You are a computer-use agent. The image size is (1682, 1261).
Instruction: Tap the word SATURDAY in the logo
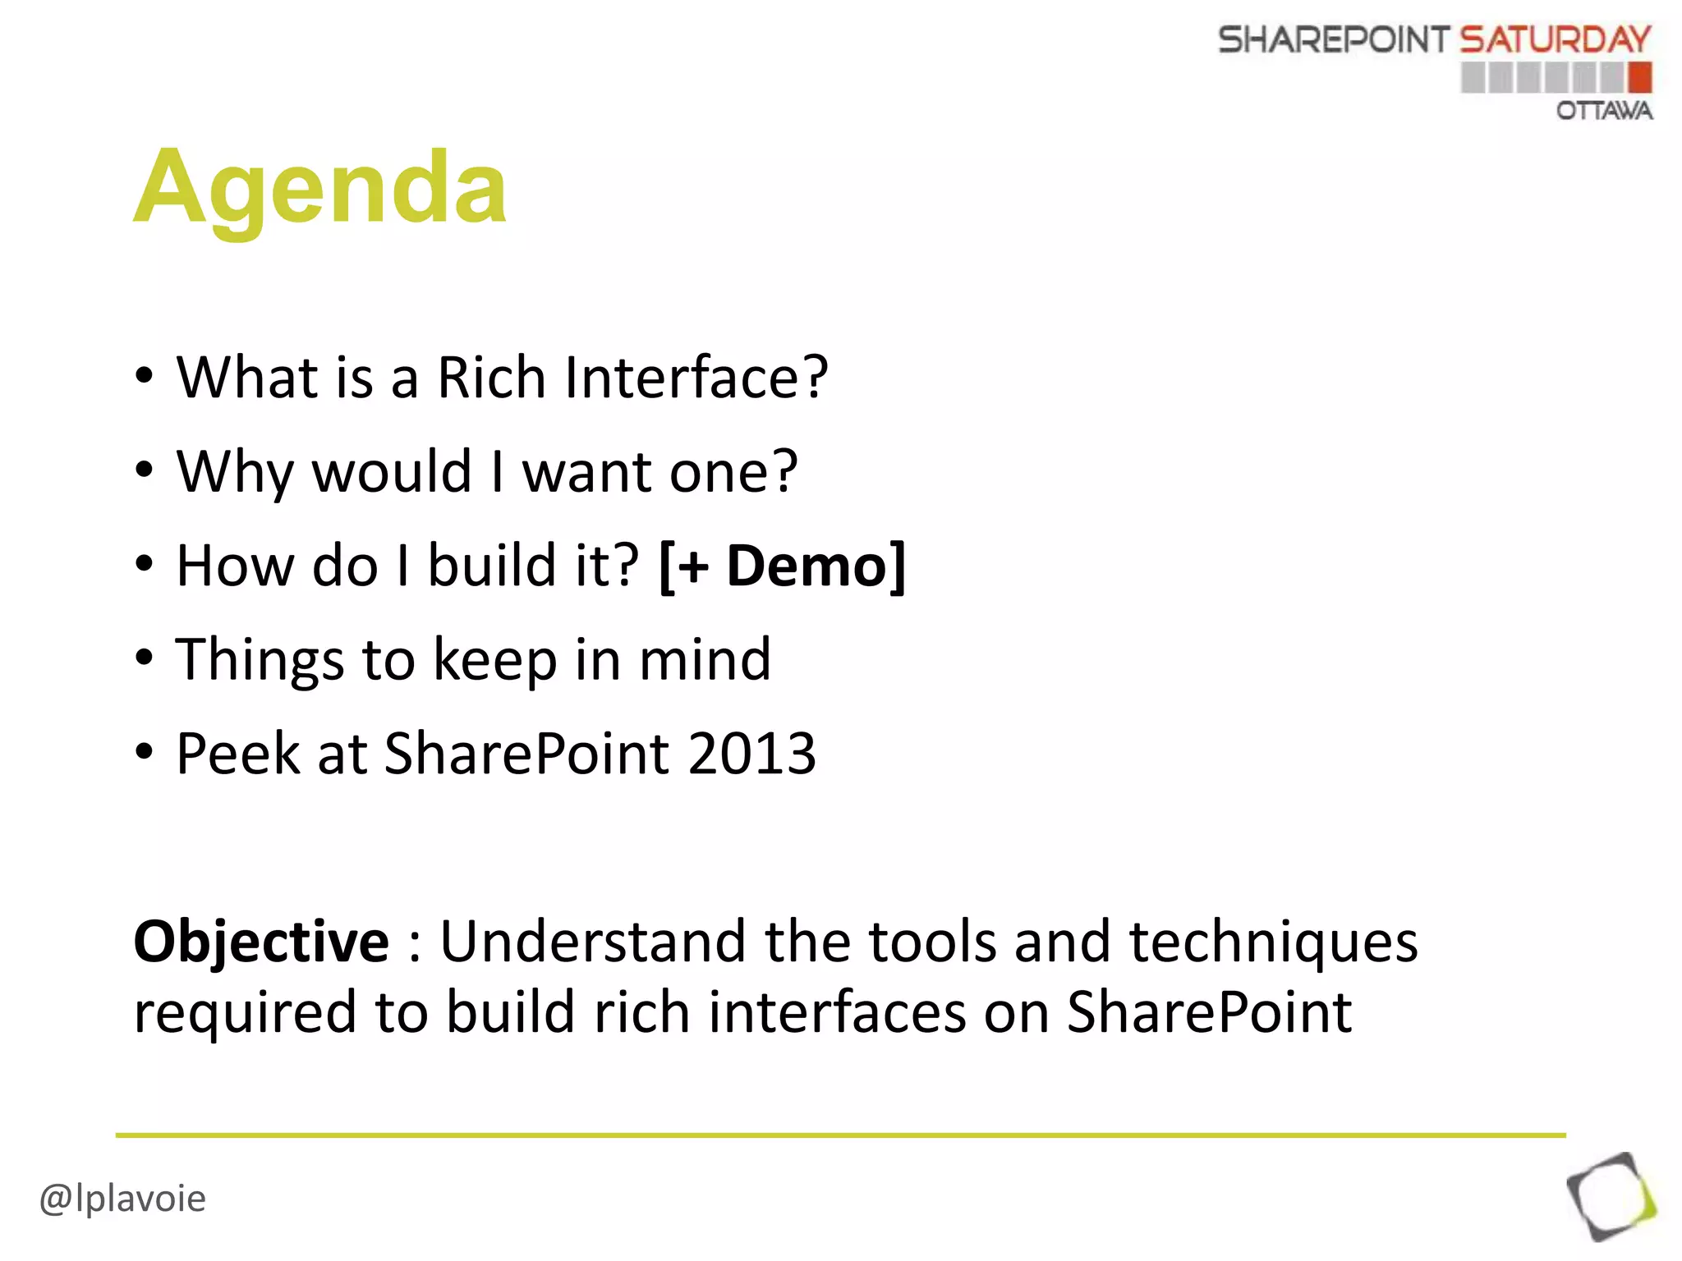[x=1555, y=39]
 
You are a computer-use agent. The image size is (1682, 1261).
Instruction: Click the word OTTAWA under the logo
[x=1603, y=111]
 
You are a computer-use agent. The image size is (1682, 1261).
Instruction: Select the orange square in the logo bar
[x=1639, y=78]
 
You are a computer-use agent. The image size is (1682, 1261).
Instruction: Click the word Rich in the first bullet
[x=490, y=378]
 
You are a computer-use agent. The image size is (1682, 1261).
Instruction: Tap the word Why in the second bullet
[x=234, y=472]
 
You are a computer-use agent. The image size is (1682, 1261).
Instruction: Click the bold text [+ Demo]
[x=782, y=566]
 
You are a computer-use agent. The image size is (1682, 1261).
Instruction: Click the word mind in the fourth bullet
[x=705, y=660]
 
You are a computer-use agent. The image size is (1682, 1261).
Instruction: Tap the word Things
[x=260, y=660]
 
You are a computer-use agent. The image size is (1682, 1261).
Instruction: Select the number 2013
[x=751, y=754]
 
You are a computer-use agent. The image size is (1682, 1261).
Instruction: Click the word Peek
[x=238, y=754]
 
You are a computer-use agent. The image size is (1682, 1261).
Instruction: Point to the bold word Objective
[x=261, y=942]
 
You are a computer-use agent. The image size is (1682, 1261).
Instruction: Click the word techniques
[x=1273, y=942]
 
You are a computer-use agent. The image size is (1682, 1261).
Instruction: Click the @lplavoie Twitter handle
[x=123, y=1199]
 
